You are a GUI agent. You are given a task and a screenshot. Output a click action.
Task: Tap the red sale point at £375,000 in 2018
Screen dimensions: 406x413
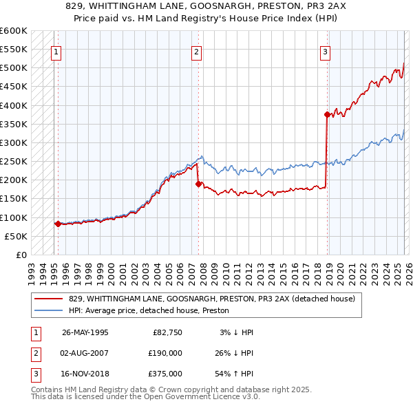point(328,115)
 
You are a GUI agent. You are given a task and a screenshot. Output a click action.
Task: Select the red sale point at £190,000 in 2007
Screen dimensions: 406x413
point(199,184)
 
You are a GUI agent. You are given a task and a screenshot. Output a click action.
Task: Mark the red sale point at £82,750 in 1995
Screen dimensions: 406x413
point(58,224)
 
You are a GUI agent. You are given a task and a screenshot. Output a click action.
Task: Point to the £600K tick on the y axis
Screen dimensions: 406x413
point(14,31)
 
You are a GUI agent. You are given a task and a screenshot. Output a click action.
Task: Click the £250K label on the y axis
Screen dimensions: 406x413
point(14,162)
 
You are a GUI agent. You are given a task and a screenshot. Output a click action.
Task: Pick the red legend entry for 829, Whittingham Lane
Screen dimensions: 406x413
point(211,299)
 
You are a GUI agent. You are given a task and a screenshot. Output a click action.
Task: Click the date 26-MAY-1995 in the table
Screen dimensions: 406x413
point(85,332)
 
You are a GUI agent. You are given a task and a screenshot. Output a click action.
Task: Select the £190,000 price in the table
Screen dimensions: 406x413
point(165,353)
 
